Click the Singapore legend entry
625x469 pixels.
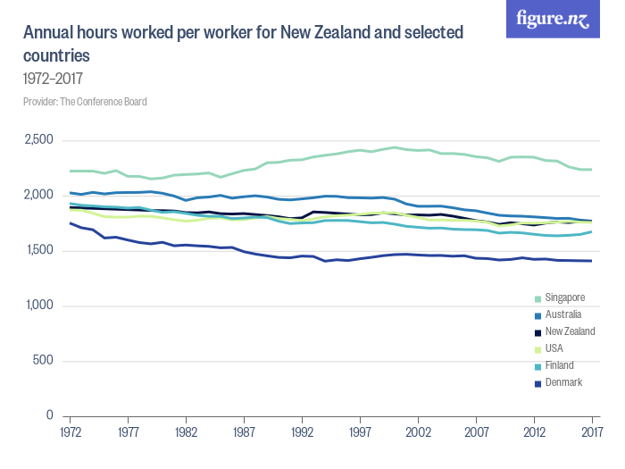click(563, 297)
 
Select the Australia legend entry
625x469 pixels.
click(562, 314)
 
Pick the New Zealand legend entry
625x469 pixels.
click(569, 331)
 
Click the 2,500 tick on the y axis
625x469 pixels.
click(40, 140)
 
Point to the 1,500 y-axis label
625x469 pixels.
click(40, 251)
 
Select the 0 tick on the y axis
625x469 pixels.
click(51, 416)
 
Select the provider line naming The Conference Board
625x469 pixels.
click(85, 102)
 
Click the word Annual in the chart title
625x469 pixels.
click(48, 34)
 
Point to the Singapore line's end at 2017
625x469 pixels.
click(591, 170)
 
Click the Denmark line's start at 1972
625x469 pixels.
click(70, 222)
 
